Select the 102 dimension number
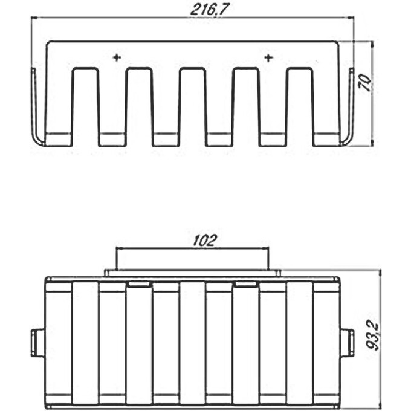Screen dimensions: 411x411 205,240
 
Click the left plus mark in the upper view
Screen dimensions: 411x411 117,57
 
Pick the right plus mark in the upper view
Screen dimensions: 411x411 268,57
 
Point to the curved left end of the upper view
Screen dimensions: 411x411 37,109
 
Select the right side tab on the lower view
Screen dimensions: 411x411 348,343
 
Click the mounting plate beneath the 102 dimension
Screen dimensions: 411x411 192,273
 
